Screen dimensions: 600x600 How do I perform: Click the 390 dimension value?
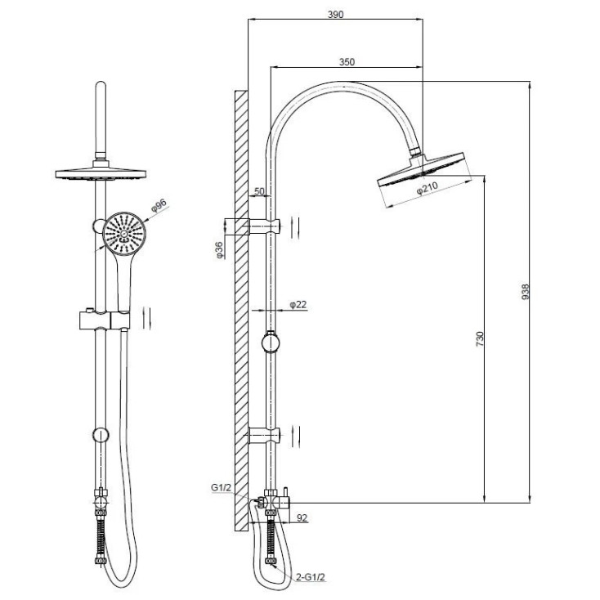pos(336,15)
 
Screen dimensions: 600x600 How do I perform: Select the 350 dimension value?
pos(347,62)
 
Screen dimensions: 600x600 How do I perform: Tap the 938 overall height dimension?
pos(526,292)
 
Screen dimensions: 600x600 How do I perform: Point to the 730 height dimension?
pos(480,339)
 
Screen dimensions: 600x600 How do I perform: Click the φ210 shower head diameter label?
pos(427,188)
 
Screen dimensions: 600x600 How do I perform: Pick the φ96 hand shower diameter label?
pos(159,205)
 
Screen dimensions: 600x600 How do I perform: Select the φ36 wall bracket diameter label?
pos(219,250)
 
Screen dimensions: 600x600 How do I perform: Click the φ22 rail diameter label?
pos(298,305)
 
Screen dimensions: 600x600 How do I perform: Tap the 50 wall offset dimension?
pos(259,191)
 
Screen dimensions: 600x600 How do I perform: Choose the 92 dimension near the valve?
pos(302,517)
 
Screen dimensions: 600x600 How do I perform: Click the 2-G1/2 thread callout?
pos(311,577)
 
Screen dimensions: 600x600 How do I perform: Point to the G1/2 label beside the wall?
pos(222,487)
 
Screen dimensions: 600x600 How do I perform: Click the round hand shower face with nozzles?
pos(123,233)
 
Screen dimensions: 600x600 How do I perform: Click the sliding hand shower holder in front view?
pos(105,320)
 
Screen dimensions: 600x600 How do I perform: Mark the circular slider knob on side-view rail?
pos(271,343)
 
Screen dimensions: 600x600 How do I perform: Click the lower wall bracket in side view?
pos(264,436)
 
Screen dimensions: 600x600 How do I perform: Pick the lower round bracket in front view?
pos(101,435)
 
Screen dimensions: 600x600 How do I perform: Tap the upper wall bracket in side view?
pos(264,226)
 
